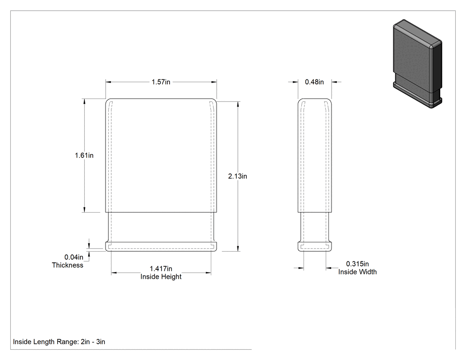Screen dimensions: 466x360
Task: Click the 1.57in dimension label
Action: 161,82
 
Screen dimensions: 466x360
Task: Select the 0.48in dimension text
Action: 314,82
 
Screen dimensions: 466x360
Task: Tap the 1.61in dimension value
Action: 84,155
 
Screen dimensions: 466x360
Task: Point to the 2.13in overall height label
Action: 237,176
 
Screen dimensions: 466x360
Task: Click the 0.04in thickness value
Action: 74,257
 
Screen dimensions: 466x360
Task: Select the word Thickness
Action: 67,265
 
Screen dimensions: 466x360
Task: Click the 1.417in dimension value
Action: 161,269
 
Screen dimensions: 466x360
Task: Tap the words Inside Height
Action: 161,277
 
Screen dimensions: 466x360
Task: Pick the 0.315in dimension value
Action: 357,264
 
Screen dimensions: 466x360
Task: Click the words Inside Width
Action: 357,272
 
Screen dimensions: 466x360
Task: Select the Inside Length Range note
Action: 59,342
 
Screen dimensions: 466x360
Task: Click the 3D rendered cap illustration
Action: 417,63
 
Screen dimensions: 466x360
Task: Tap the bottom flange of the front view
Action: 161,247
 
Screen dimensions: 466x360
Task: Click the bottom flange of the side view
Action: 315,247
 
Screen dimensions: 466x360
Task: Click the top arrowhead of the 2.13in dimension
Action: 238,104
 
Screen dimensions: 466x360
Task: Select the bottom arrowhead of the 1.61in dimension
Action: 84,210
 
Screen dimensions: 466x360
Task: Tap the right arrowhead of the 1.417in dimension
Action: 208,273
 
